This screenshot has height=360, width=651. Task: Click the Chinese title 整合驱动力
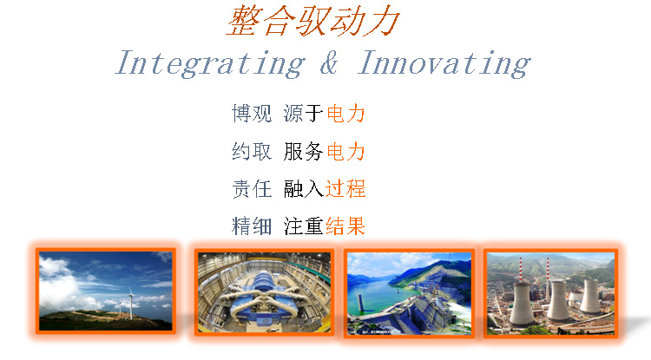point(313,21)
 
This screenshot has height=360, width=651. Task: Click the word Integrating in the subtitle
point(211,63)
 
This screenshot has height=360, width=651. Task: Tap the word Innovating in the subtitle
point(444,63)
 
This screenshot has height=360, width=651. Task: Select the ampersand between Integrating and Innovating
point(329,62)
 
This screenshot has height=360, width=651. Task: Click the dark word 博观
point(252,114)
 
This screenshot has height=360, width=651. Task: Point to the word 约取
point(252,151)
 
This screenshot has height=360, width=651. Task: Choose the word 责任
point(252,189)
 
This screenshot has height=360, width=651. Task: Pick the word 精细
point(252,226)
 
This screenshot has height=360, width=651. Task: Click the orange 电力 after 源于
point(345,114)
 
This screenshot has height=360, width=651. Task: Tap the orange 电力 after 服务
point(345,151)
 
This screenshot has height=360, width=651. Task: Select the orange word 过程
point(345,189)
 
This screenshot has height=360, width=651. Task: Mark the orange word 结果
point(345,226)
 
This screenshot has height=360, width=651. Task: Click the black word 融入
point(304,189)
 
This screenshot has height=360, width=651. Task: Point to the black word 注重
point(304,226)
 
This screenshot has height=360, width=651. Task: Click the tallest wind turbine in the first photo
point(131,302)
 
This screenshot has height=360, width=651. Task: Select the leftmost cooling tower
point(522,304)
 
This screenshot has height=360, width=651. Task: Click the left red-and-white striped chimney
point(520,270)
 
